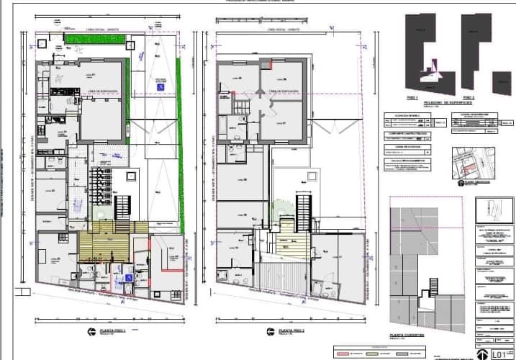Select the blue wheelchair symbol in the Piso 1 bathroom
[x=129, y=276]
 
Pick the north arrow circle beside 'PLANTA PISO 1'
[x=91, y=331]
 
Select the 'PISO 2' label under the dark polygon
[x=468, y=96]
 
